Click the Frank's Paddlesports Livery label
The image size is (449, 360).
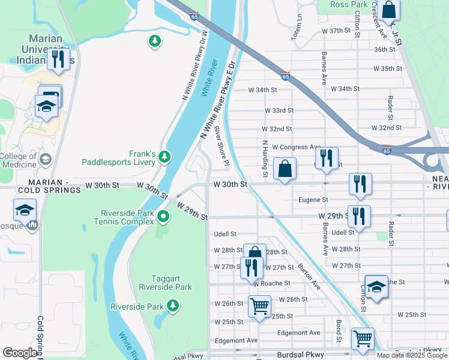pyautogui.click(x=119, y=157)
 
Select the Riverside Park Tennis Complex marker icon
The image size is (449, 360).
pyautogui.click(x=164, y=216)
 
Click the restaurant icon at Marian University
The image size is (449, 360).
pyautogui.click(x=58, y=59)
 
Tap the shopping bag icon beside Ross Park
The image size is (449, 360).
pyautogui.click(x=389, y=10)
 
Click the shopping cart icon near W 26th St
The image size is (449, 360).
pyautogui.click(x=259, y=306)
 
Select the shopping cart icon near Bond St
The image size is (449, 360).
pyautogui.click(x=363, y=339)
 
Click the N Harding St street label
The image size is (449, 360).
pyautogui.click(x=264, y=159)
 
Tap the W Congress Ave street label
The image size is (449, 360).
pyautogui.click(x=296, y=147)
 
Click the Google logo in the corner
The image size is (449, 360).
pyautogui.click(x=20, y=352)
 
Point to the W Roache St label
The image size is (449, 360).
pyautogui.click(x=271, y=283)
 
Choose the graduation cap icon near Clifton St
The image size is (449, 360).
pyautogui.click(x=376, y=287)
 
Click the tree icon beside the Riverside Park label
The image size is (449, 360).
pyautogui.click(x=173, y=306)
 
